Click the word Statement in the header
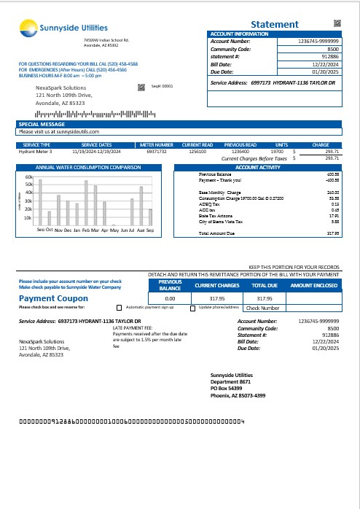(x=274, y=24)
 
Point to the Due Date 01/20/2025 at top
(x=326, y=72)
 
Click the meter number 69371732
(x=157, y=152)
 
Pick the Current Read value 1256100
(x=197, y=152)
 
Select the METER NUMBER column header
(x=156, y=145)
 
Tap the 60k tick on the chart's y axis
(x=28, y=177)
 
